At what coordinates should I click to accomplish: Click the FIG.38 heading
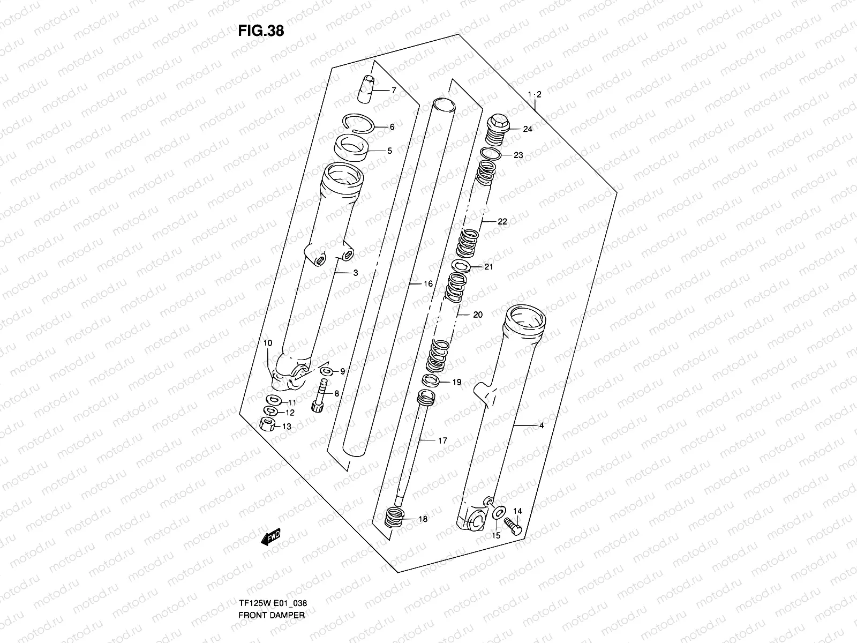(261, 31)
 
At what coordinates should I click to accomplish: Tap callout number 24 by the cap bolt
(528, 129)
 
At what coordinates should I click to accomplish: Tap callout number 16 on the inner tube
(428, 284)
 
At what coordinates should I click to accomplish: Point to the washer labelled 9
(325, 371)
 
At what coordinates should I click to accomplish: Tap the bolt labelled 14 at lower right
(513, 521)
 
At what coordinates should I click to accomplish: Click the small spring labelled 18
(394, 519)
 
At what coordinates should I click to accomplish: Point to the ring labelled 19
(431, 381)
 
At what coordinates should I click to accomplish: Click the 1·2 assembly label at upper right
(534, 94)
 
